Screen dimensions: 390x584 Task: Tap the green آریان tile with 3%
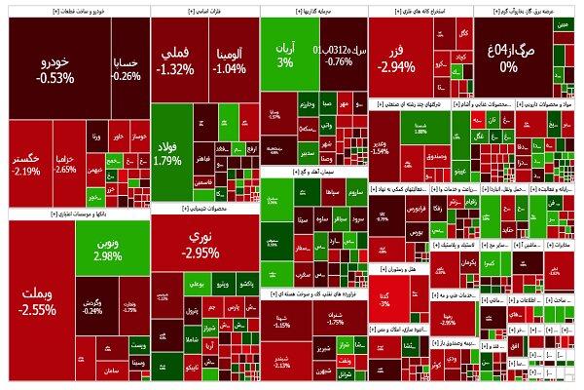point(284,55)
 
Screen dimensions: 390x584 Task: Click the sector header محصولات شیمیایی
point(204,208)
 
